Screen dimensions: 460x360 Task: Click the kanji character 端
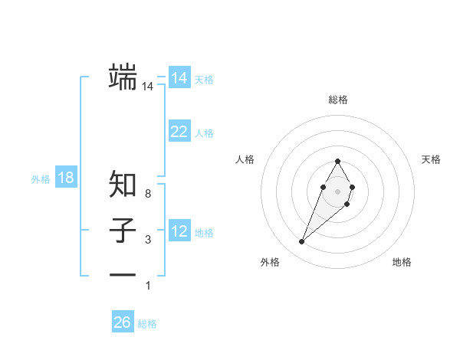click(123, 77)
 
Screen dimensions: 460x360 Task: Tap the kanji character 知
click(123, 184)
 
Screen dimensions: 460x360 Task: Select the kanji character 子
click(123, 230)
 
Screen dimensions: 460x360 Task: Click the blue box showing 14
click(179, 78)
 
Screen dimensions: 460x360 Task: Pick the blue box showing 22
click(179, 132)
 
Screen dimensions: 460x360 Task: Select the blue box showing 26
click(123, 322)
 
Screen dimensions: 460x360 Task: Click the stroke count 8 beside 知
click(147, 195)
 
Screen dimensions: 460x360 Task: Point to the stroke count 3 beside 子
click(147, 241)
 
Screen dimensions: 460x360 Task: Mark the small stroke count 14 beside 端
click(147, 87)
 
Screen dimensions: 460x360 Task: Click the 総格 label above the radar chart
click(338, 100)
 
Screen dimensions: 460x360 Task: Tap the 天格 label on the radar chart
click(431, 159)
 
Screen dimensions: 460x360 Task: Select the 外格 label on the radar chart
click(269, 263)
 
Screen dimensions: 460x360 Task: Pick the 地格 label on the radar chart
click(402, 263)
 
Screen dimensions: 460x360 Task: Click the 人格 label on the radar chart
click(245, 159)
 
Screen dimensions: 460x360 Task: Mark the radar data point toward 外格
click(301, 242)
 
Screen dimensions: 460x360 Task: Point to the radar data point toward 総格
click(337, 161)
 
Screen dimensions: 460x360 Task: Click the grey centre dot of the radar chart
click(337, 191)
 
